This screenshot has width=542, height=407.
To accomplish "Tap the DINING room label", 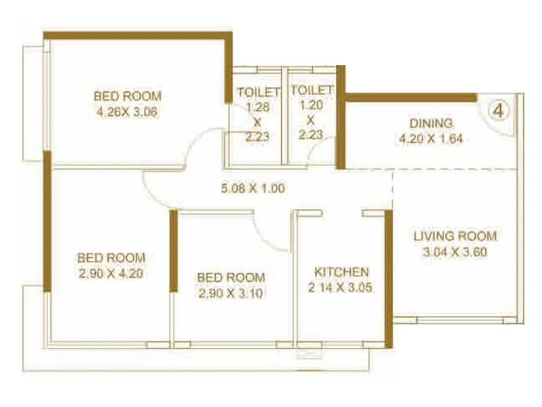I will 431,123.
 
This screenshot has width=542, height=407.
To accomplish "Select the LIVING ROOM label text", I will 455,236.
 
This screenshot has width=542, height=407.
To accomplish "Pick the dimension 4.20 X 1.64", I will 431,140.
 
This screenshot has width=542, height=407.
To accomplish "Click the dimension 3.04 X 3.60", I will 455,253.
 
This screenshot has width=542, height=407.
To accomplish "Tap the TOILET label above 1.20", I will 311,90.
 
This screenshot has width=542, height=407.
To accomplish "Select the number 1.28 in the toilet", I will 257,107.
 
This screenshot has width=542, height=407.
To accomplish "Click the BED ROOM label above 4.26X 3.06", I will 127,96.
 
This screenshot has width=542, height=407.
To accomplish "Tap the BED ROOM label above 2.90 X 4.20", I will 111,258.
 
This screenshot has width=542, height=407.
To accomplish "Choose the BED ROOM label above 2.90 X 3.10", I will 230,277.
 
